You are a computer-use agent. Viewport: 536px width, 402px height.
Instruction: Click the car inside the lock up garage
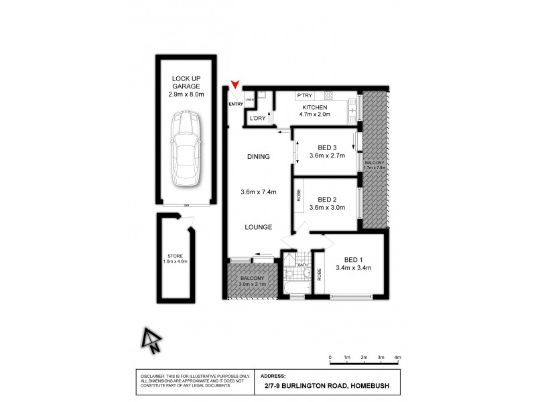click(x=184, y=151)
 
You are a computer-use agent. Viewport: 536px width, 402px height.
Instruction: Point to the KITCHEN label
click(x=314, y=107)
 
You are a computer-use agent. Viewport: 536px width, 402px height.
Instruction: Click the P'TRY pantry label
click(x=306, y=95)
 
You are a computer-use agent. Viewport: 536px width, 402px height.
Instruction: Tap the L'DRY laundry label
click(x=257, y=119)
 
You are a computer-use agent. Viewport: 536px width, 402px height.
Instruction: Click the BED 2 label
click(x=326, y=199)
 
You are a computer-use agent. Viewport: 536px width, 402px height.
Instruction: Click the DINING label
click(x=258, y=157)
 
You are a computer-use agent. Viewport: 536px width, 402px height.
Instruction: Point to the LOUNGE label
click(x=258, y=227)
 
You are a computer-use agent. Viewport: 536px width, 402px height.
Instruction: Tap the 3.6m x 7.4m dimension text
click(x=258, y=192)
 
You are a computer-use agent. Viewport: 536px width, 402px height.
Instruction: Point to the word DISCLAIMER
click(x=154, y=377)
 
